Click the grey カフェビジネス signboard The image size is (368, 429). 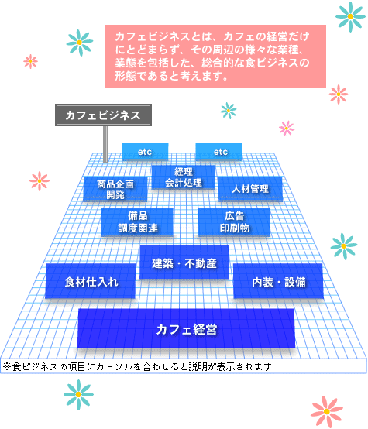[x=103, y=115]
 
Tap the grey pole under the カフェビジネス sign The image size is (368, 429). [x=105, y=144]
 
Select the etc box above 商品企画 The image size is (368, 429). [x=145, y=152]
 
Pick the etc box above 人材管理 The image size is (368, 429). [x=218, y=152]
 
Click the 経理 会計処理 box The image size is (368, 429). [x=184, y=177]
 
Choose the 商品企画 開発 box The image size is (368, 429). [x=115, y=189]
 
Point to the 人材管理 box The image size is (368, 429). [x=250, y=189]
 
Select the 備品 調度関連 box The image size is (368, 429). [x=137, y=222]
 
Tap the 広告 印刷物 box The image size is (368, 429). [x=234, y=222]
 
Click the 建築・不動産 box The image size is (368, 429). [x=184, y=262]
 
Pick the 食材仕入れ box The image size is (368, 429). [x=91, y=281]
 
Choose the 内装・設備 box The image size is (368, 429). [x=278, y=281]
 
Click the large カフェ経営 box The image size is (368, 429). [x=186, y=328]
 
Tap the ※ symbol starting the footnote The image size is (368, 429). [x=6, y=366]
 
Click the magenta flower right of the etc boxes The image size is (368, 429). [x=287, y=128]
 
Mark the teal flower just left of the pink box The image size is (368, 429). [x=80, y=43]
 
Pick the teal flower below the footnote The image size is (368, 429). [x=78, y=394]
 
